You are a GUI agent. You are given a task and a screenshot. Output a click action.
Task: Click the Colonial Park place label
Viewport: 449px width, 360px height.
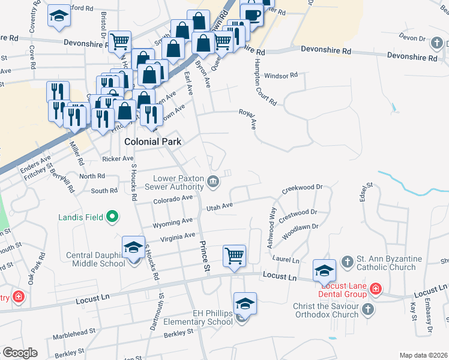click(152, 142)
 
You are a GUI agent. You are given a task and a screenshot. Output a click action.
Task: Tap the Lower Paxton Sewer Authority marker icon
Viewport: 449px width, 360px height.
click(213, 181)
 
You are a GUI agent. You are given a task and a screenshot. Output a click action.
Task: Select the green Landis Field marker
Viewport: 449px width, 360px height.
click(112, 217)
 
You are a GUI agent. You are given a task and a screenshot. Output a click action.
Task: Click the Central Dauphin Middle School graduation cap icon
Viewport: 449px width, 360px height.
click(133, 247)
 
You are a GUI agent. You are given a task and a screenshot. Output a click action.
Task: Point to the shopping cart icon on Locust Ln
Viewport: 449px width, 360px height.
click(234, 256)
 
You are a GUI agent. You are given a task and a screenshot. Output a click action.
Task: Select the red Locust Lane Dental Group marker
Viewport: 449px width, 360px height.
click(376, 289)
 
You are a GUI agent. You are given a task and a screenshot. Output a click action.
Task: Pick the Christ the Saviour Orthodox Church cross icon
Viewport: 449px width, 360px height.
click(368, 310)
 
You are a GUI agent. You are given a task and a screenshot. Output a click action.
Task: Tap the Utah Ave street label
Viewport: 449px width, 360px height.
click(219, 206)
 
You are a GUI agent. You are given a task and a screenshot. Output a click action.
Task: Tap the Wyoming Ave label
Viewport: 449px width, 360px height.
click(172, 223)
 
